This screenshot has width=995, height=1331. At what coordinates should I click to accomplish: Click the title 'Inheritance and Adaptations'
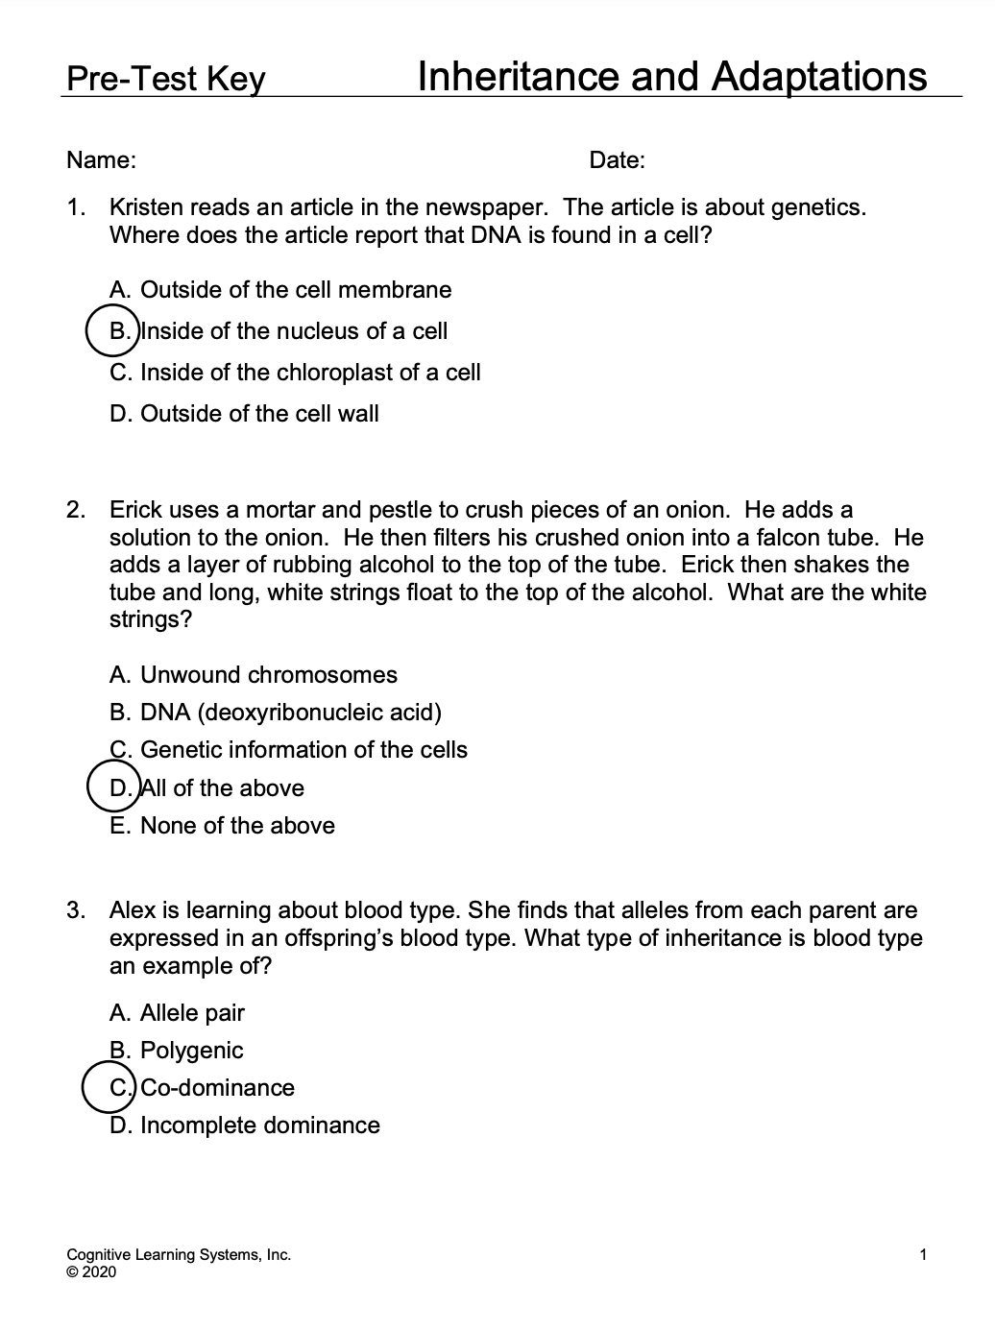672,76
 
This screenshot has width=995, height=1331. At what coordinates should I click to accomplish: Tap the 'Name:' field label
101,160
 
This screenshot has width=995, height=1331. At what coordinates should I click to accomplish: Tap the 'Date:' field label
617,160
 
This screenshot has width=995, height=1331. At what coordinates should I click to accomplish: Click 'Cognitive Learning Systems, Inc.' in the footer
179,1254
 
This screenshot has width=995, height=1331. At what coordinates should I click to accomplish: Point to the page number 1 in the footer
923,1254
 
